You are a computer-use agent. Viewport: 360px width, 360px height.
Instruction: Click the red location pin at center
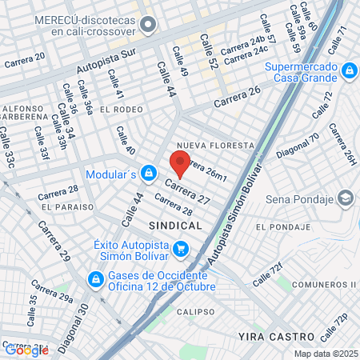[180, 165]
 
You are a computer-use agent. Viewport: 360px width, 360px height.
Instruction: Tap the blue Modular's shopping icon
[148, 172]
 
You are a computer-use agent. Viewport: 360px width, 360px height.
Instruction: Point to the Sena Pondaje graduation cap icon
[346, 198]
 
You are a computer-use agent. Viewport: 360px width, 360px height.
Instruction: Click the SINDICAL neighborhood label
[175, 226]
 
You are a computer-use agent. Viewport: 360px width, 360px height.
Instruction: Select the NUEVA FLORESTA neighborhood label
[215, 146]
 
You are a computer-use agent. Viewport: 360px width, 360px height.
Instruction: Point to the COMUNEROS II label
[318, 285]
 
